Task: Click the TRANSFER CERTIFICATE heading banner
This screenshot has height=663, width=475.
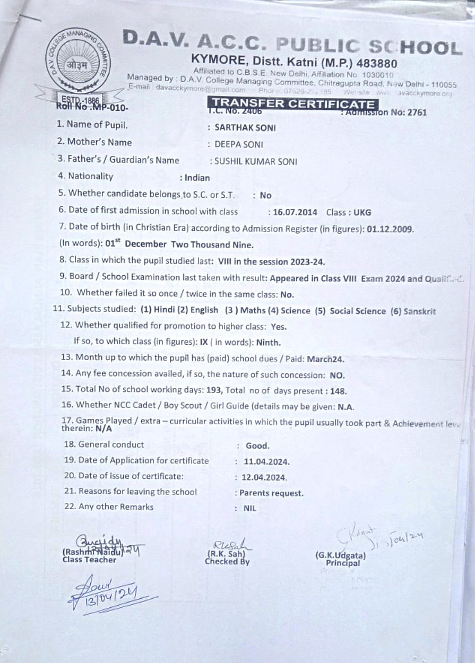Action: coord(293,103)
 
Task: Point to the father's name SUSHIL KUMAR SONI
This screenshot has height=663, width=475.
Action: coord(256,162)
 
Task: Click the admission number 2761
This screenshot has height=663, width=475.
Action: coord(417,112)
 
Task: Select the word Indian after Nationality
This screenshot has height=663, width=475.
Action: coord(197,178)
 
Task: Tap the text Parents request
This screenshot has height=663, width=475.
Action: coord(271,493)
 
